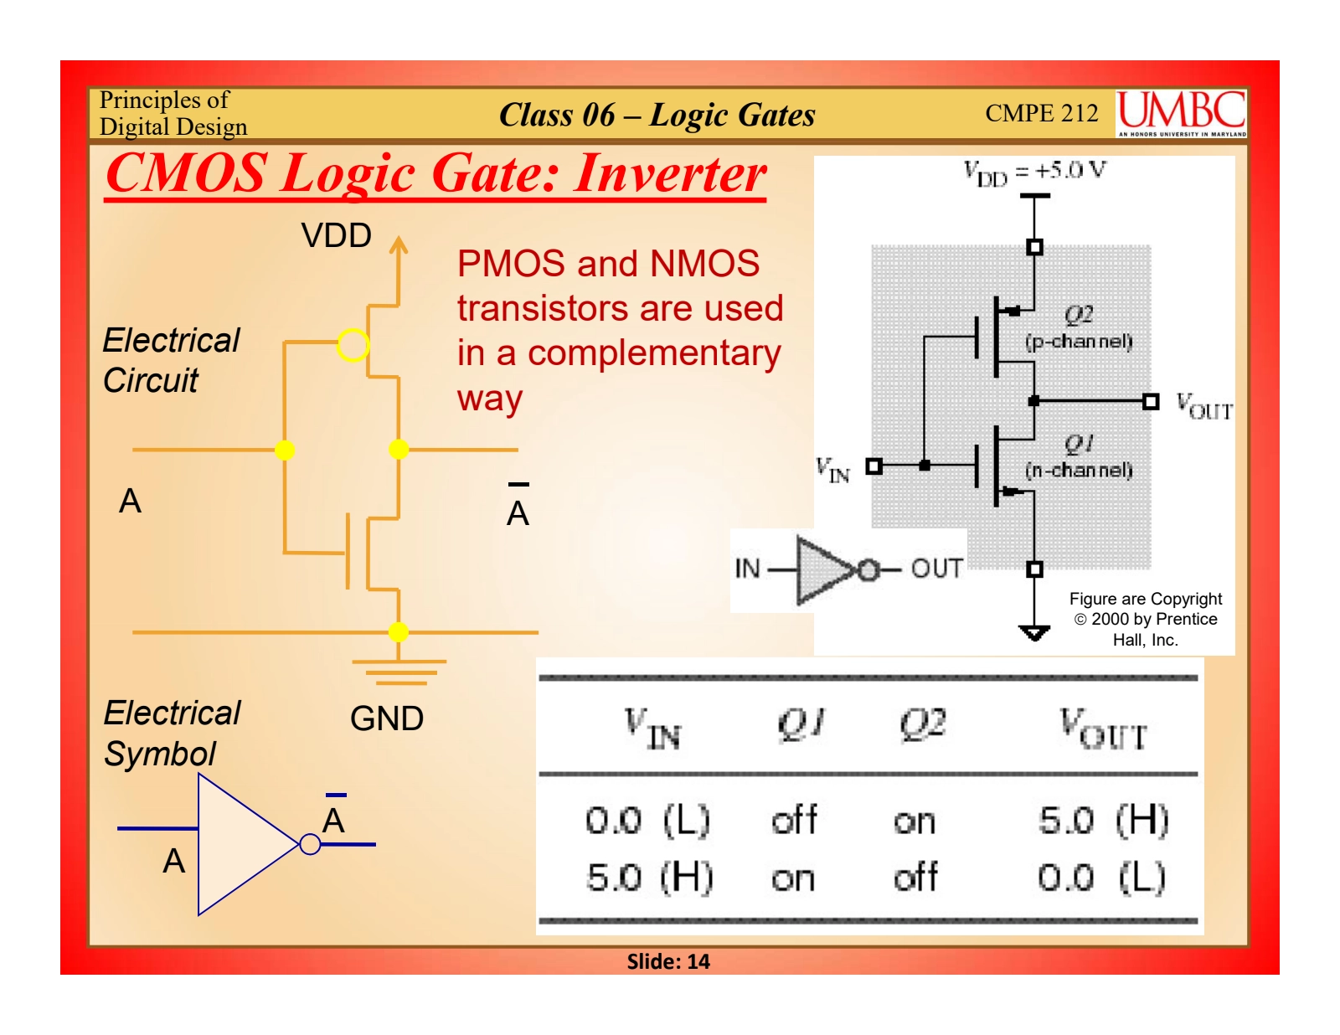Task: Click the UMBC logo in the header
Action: point(1181,113)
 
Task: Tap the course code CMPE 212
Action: point(1041,113)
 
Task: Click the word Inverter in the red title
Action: point(670,174)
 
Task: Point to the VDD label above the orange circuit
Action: point(336,236)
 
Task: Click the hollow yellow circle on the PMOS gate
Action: point(353,345)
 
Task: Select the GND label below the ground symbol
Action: point(386,718)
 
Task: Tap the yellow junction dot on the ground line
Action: point(399,631)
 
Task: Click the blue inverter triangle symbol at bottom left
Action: point(243,843)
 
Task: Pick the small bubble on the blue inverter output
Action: point(310,844)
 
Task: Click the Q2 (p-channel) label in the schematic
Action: point(1079,327)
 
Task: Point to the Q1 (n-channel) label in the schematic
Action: point(1079,456)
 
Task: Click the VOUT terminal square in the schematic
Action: point(1152,402)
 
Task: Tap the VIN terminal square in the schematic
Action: point(874,466)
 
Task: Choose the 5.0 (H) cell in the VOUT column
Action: point(1103,820)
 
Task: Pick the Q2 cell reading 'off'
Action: point(915,878)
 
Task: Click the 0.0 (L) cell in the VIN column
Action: point(647,820)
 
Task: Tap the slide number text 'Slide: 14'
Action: point(668,961)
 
